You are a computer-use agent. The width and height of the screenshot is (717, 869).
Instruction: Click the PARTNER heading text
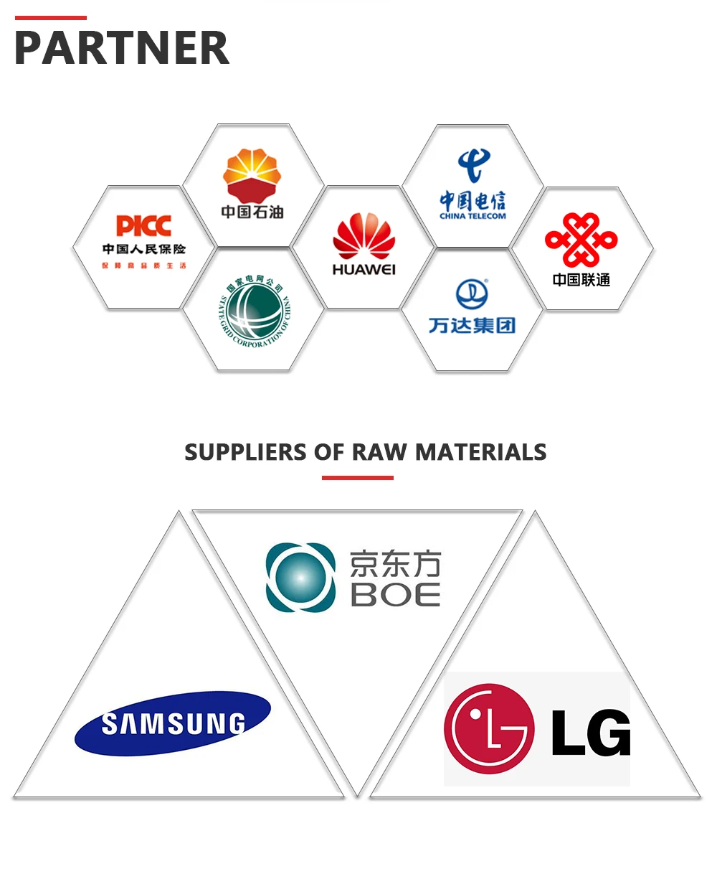coord(122,48)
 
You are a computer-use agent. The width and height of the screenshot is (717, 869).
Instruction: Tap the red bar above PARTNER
coord(50,18)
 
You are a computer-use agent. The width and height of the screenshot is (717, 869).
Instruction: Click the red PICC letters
coord(143,226)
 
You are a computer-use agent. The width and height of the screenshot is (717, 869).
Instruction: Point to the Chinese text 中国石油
coord(252,212)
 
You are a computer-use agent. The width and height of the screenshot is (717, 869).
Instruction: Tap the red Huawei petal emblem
coord(364,237)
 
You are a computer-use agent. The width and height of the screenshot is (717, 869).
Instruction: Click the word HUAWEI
coord(364,270)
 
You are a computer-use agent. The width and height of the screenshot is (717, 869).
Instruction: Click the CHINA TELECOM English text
coord(473,216)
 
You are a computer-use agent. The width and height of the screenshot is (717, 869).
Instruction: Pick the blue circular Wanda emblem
coord(472,294)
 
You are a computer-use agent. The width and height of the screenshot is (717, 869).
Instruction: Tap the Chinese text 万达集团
coord(472,326)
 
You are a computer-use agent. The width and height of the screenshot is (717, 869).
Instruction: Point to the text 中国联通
coord(581,280)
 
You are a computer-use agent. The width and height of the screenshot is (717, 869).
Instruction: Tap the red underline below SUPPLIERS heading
coord(357,477)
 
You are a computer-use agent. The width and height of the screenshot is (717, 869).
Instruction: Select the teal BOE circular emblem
coord(300,577)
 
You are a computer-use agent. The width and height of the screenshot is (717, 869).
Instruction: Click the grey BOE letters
coord(395,595)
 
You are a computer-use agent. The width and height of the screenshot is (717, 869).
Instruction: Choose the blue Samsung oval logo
coord(173,723)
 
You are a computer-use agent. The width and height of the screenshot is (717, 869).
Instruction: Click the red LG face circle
coord(489,728)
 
